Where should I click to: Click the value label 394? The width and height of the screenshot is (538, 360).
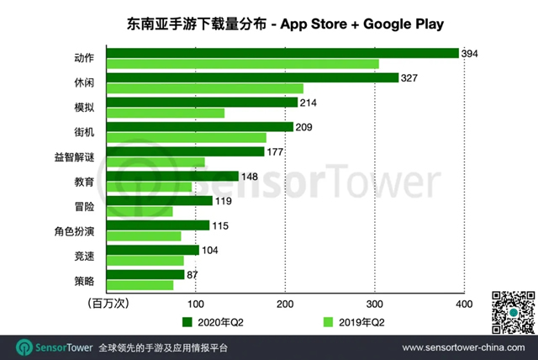coord(471,54)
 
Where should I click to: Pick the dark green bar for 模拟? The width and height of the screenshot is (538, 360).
coord(202,103)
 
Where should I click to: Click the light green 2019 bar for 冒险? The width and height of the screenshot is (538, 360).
coord(139,211)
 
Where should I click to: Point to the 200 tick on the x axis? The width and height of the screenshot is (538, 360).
coord(285,303)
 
